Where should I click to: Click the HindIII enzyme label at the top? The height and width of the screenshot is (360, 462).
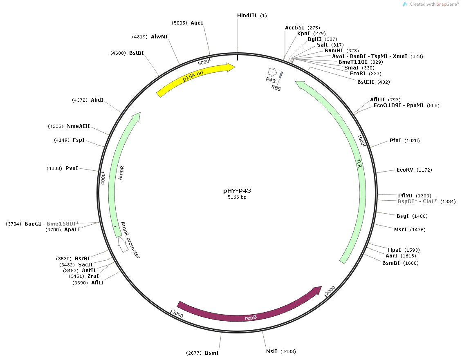coord(247,15)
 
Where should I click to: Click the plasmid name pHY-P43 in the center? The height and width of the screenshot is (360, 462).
coord(237,190)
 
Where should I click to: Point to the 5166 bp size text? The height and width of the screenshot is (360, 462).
coord(237,197)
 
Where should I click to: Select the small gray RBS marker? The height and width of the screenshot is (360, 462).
coord(281,75)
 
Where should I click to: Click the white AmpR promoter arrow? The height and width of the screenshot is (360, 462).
coord(123,244)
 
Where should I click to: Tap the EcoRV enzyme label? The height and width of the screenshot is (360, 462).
coord(405,170)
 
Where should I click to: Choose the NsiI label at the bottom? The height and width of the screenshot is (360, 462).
coord(271,351)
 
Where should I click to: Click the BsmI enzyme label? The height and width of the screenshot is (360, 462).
coord(211,353)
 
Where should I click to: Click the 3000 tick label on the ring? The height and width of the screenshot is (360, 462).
coord(178,314)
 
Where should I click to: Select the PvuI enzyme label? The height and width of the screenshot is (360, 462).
coord(72,168)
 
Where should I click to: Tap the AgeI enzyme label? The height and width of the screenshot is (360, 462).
coord(197,23)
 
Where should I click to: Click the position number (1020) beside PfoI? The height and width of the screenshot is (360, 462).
coord(412,141)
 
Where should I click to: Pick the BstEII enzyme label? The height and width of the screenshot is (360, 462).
coord(366,82)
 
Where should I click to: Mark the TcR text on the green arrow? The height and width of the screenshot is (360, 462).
coord(359,163)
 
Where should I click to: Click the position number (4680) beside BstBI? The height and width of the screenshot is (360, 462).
coord(118,53)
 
